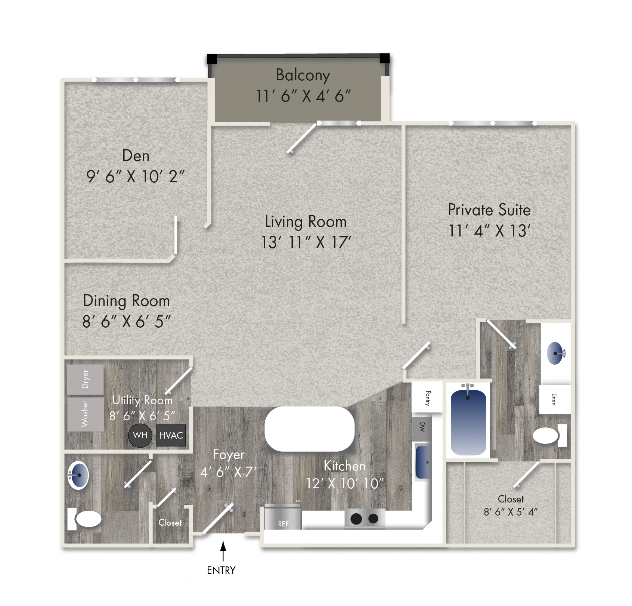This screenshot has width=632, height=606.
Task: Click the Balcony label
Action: [303, 75]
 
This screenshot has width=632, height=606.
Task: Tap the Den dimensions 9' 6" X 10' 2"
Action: [135, 177]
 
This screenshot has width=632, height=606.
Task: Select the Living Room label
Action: [306, 222]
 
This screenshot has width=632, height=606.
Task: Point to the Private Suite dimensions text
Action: [489, 231]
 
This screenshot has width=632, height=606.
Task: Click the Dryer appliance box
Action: [86, 380]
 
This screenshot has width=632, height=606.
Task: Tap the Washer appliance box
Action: [86, 414]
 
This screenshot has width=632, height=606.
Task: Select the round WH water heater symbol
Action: [140, 435]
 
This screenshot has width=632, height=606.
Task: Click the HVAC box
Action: [171, 435]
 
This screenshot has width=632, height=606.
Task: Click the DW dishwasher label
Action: [422, 427]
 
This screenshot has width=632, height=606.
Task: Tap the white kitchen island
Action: [309, 429]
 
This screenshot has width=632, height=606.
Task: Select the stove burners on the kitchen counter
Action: [365, 519]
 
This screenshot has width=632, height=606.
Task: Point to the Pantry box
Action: [427, 398]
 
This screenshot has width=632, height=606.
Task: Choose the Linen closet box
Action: [555, 399]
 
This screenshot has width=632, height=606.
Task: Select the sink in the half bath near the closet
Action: [79, 476]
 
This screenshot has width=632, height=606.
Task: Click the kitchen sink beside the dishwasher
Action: [423, 462]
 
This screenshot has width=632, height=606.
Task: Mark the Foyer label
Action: [229, 455]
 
